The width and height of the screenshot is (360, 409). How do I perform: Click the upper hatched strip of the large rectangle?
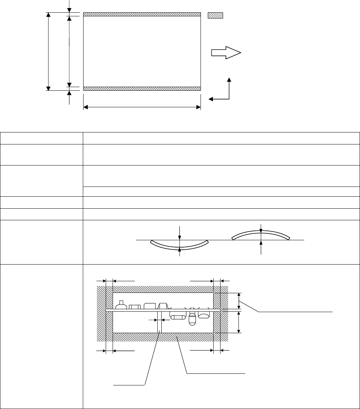[142, 14]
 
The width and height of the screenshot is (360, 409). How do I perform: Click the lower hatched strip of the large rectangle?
[142, 89]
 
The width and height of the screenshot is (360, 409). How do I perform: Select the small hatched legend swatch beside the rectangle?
[215, 15]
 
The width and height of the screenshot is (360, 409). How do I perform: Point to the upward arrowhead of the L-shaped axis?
[229, 79]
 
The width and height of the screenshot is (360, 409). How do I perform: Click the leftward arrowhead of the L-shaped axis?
[211, 99]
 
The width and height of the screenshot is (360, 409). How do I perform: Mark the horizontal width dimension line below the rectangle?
[142, 107]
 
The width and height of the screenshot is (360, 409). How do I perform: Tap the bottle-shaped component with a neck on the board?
[121, 306]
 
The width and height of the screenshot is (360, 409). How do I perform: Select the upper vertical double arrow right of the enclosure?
[239, 300]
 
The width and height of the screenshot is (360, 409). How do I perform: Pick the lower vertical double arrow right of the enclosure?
[238, 322]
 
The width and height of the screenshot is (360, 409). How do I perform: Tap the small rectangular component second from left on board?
[135, 307]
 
